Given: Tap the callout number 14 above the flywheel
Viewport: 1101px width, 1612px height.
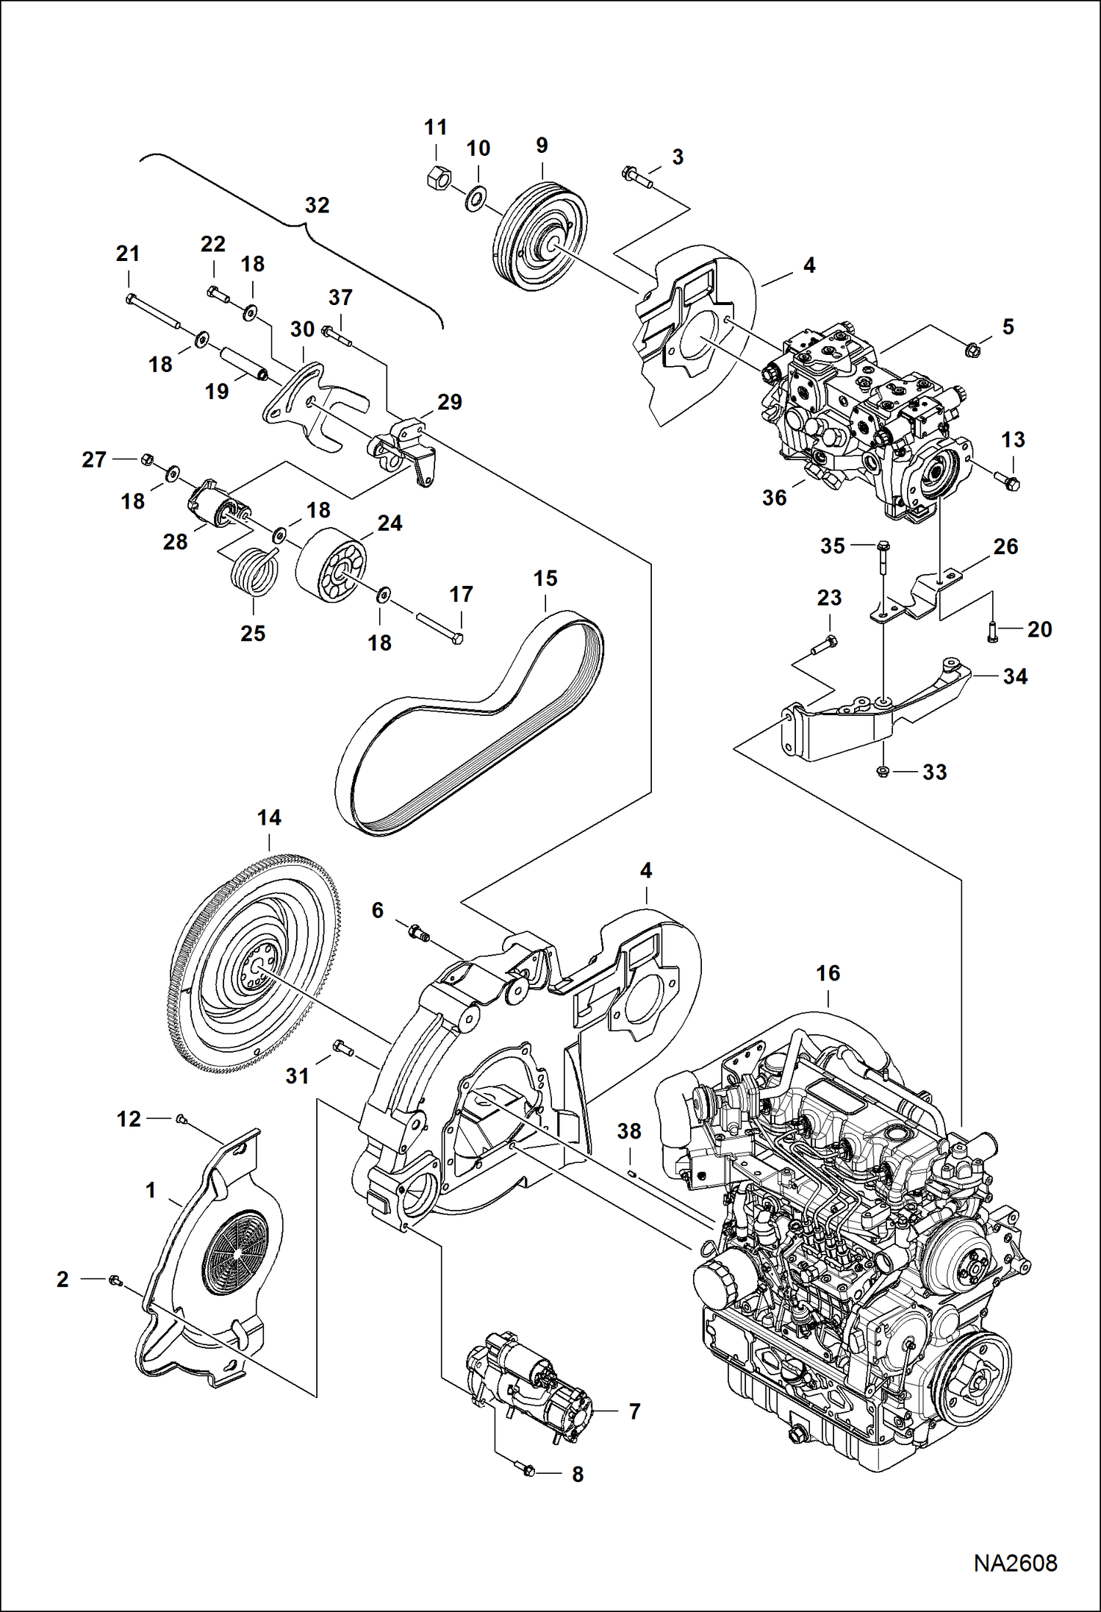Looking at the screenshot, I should click(269, 817).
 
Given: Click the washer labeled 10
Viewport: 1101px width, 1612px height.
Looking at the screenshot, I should click(476, 198).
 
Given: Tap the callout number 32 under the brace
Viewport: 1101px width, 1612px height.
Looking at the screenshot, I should click(317, 205).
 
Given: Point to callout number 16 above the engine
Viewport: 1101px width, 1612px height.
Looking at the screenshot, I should click(828, 973).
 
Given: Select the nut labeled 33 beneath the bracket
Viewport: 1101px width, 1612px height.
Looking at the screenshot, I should click(883, 771).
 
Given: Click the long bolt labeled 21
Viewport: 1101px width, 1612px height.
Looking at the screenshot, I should click(154, 311).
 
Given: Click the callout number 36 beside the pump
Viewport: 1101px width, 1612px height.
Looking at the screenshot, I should click(774, 498).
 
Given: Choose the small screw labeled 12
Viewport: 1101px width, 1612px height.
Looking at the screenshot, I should click(179, 1119).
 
